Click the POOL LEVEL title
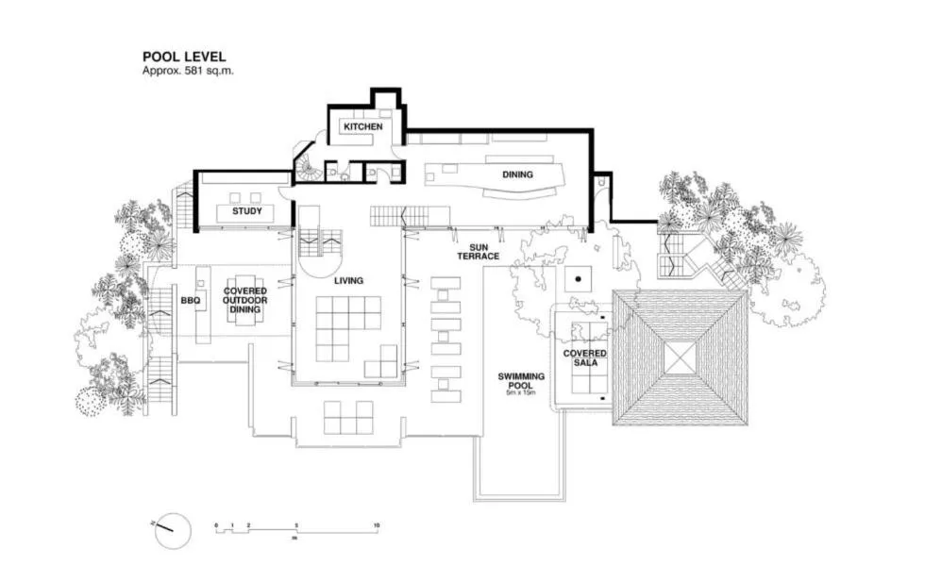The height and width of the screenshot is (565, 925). pos(183,57)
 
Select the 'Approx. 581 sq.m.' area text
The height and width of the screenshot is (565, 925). pos(187,70)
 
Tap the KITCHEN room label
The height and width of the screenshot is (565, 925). pos(362,126)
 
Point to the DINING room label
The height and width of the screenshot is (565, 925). pos(516,174)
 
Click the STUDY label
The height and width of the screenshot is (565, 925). pos(246,211)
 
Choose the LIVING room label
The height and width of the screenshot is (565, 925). pos(348,280)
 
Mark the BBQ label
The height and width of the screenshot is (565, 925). pos(190,301)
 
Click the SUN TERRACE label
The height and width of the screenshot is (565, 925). pos(478,250)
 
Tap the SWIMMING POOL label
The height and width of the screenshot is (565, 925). pos(521,380)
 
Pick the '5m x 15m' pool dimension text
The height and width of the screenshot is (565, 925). pos(521,393)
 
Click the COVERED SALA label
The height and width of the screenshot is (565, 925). pos(584,357)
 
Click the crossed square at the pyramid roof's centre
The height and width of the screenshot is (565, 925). pos(680,357)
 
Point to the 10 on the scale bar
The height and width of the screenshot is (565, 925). pos(377,524)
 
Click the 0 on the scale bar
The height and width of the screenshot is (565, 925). pos(216,524)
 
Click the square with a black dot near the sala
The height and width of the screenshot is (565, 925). pos(578,279)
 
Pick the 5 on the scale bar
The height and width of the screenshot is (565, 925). pos(296,524)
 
